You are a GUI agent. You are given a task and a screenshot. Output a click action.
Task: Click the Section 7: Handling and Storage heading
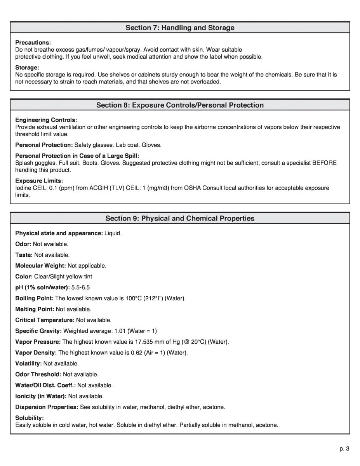(180, 28)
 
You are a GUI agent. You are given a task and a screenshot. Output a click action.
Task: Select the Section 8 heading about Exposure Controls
(180, 105)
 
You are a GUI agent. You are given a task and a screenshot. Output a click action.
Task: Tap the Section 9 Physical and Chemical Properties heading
(180, 218)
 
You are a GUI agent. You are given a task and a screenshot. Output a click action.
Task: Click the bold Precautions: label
(33, 42)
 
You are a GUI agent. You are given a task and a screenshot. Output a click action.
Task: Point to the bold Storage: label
(27, 67)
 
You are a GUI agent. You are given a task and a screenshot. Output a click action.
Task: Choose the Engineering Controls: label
(46, 120)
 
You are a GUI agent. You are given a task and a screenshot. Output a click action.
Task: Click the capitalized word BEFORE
(324, 163)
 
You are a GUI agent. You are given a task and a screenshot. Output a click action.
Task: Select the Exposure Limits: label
(39, 181)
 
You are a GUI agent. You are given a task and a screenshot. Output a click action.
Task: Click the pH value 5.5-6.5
(81, 287)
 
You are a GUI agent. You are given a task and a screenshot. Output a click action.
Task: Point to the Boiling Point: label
(35, 298)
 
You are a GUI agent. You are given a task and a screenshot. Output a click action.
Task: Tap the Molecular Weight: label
(41, 266)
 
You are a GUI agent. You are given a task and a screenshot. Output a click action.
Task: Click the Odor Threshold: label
(38, 374)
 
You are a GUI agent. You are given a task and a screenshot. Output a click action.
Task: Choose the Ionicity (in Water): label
(41, 396)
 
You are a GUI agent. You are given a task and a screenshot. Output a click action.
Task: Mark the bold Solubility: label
(30, 417)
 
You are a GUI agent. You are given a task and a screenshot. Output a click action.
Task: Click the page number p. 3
(344, 449)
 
